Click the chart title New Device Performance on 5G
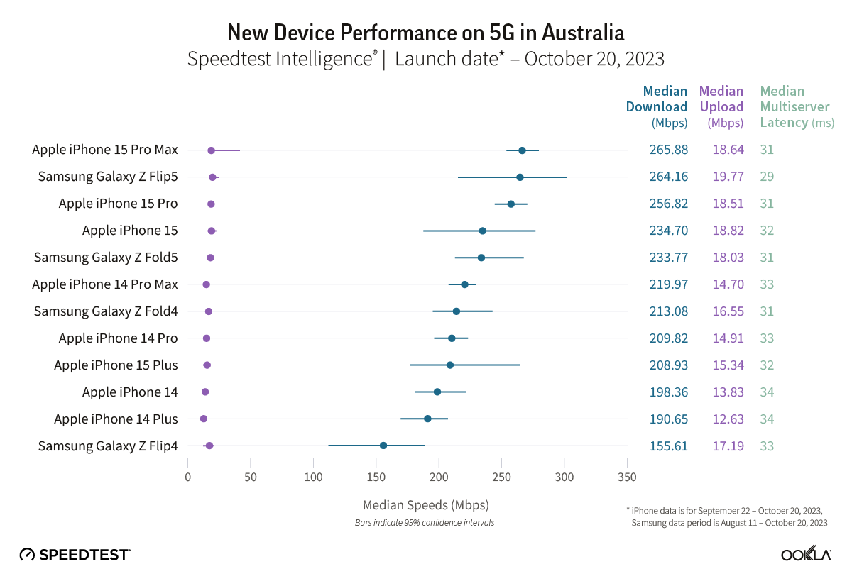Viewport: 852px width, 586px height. [x=426, y=33]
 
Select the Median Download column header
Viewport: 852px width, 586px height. [x=656, y=106]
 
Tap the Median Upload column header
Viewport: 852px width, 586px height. [x=721, y=106]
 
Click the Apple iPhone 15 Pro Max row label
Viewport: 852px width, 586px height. [x=105, y=150]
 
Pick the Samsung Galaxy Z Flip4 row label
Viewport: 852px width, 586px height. [x=108, y=446]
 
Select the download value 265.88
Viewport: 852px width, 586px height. [x=668, y=150]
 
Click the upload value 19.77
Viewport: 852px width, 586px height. [x=728, y=177]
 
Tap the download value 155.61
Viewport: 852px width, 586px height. [x=668, y=446]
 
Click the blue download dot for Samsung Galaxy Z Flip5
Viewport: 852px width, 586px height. [x=520, y=177]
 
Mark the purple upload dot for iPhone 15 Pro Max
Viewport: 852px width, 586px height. [x=211, y=150]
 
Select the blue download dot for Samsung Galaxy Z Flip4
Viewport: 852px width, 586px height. [x=383, y=446]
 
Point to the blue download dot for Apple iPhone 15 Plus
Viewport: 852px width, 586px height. [x=450, y=365]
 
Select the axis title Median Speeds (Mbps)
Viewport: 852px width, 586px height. [x=425, y=505]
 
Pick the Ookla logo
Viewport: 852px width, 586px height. [x=806, y=555]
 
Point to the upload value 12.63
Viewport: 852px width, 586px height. [x=728, y=419]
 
